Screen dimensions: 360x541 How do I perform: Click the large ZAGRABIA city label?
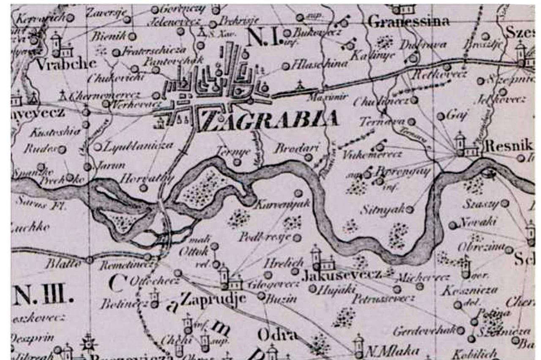click(x=270, y=120)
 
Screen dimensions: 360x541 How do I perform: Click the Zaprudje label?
click(x=213, y=298)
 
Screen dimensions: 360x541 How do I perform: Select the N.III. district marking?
click(x=43, y=295)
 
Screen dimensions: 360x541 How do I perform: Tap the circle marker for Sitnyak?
click(x=409, y=209)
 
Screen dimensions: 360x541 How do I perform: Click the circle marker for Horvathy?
click(x=144, y=188)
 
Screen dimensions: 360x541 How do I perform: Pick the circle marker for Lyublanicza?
click(x=98, y=147)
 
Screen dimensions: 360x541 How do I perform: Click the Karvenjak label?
click(x=283, y=205)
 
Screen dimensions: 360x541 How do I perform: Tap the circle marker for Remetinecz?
click(x=147, y=257)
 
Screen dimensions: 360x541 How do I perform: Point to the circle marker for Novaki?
click(x=453, y=225)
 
